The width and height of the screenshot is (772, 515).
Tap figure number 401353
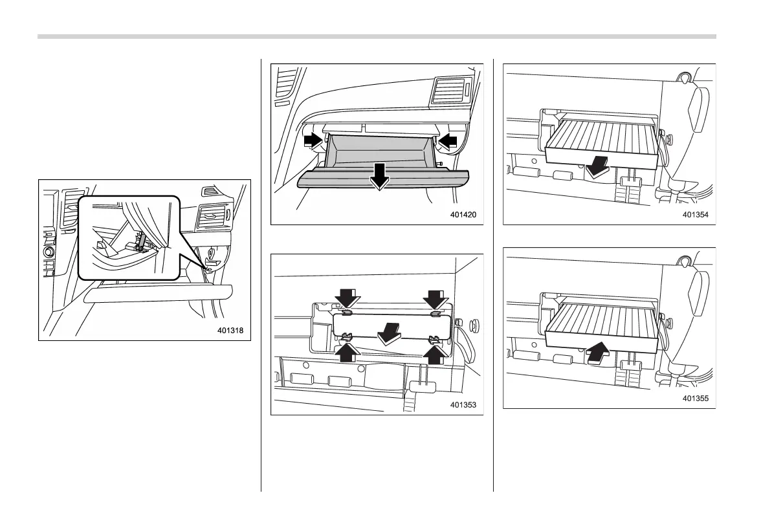(x=463, y=405)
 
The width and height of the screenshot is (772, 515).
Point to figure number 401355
(x=696, y=399)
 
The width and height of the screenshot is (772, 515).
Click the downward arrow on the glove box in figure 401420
(x=380, y=175)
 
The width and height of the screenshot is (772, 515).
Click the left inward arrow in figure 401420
(x=313, y=139)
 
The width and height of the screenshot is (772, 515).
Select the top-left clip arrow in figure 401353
(x=347, y=298)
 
